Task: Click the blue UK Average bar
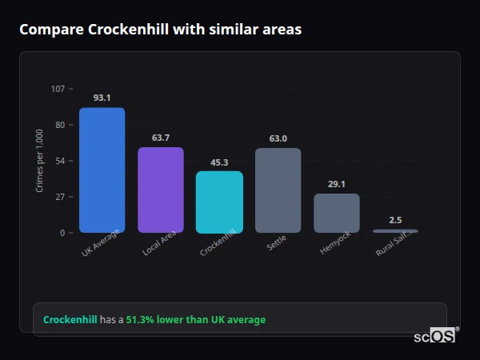102,170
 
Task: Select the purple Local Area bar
161,190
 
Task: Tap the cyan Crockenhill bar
219,202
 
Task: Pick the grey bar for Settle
278,190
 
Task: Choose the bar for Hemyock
337,213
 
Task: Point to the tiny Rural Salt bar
395,230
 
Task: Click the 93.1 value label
102,98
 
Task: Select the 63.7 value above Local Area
161,138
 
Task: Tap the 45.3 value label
219,162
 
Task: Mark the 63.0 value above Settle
278,138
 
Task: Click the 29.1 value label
337,184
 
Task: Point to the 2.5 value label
395,220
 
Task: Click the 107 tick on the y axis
58,89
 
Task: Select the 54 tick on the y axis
60,161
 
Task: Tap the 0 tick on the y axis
62,233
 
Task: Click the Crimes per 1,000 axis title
40,161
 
